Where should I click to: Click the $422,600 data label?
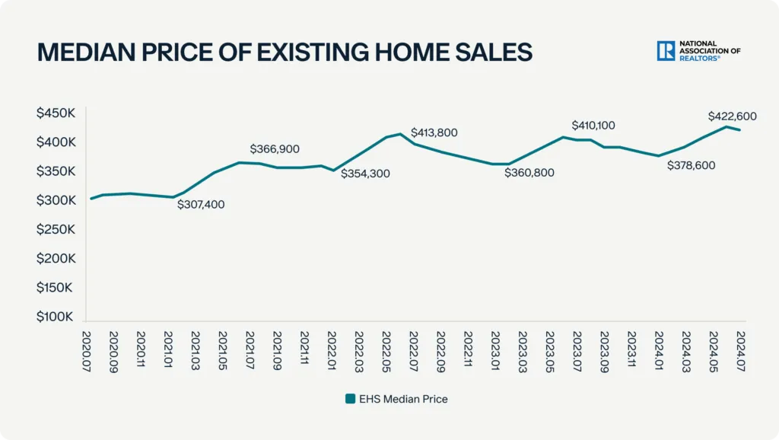coord(732,116)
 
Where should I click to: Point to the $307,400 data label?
coord(201,204)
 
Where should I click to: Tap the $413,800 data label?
coord(434,132)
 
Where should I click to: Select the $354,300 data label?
coord(365,174)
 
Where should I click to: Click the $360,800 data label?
coord(529,173)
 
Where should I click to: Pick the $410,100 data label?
coord(593,125)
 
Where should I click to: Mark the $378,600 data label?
coord(692,165)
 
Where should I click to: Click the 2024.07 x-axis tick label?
coord(740,347)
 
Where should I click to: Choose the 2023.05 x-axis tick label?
coord(549,347)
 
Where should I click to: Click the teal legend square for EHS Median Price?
coord(350,398)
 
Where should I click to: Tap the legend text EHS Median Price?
coord(404,398)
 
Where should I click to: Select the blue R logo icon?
coord(666,51)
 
